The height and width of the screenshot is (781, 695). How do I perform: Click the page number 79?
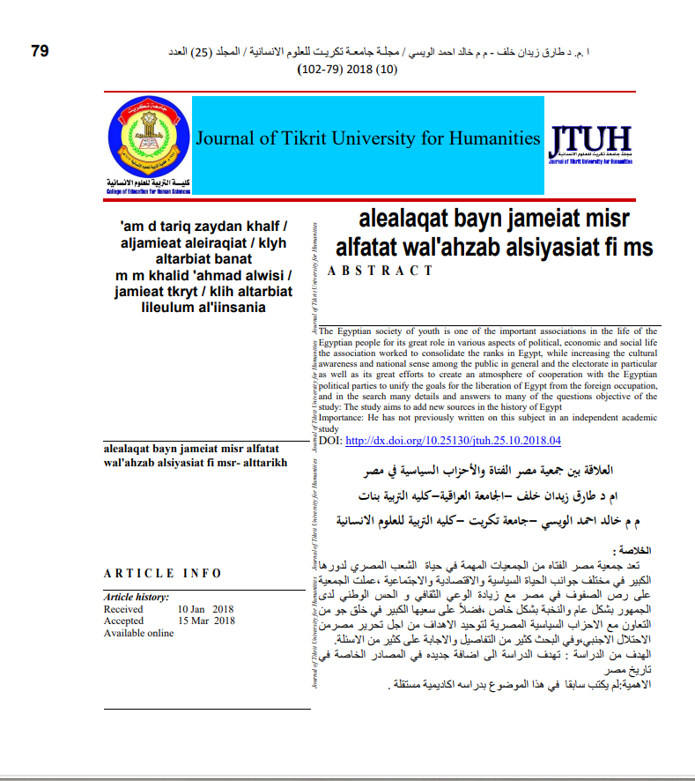40,50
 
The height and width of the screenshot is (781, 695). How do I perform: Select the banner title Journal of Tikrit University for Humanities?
367,138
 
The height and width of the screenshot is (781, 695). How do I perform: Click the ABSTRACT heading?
381,271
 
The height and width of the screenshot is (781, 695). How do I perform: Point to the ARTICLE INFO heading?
163,574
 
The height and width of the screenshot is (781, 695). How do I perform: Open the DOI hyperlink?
453,440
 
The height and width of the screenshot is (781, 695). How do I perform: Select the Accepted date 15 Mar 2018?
206,621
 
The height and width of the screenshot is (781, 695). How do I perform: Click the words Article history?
137,598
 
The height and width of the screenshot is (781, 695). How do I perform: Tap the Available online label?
139,633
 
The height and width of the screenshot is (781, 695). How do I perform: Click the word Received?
123,609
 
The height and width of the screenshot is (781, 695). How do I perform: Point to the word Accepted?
123,621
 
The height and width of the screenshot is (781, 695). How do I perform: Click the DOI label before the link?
329,440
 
